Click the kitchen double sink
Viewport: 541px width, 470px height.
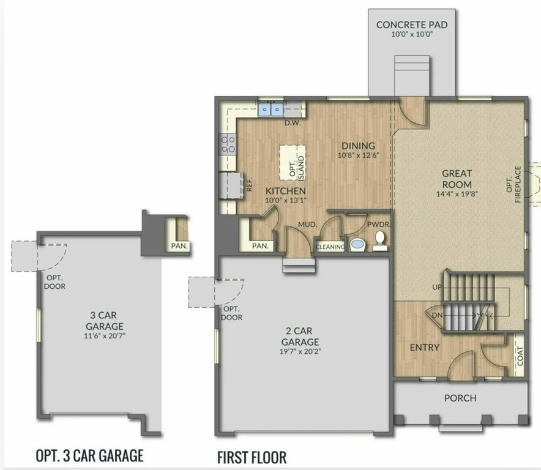(271, 110)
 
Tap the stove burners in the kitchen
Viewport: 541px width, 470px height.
(228, 144)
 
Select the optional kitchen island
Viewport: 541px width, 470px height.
(293, 162)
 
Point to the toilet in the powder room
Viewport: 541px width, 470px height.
(379, 241)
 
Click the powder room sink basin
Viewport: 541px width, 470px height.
(357, 244)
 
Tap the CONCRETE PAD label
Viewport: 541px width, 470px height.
(412, 25)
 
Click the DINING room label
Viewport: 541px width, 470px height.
(358, 146)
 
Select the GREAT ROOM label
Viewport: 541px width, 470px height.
(457, 179)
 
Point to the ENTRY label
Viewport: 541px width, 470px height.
(424, 348)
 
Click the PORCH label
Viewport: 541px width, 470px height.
(460, 398)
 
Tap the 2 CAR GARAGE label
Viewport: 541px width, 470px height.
(299, 337)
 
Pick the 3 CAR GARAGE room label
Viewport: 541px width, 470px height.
(104, 321)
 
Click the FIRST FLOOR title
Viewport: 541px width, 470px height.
(252, 457)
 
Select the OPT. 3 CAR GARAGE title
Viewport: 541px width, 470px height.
(90, 455)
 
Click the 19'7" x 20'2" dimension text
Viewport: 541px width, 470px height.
(300, 352)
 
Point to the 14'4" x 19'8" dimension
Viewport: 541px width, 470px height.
(457, 194)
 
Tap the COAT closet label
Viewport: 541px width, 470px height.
(520, 356)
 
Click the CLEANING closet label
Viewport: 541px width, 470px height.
(330, 247)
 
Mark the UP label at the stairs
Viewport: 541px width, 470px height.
(437, 287)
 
